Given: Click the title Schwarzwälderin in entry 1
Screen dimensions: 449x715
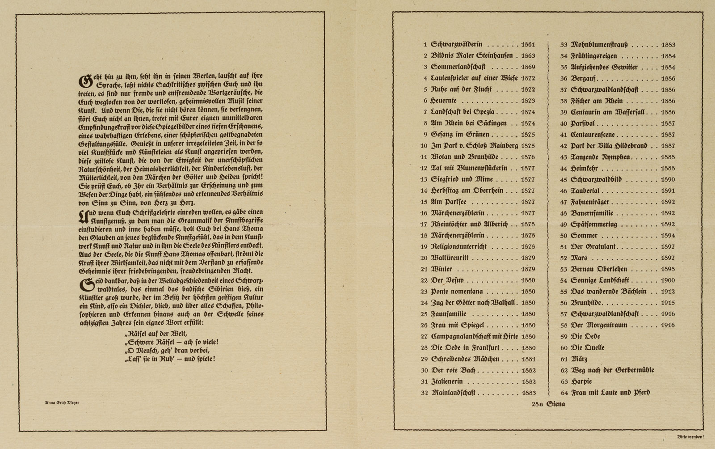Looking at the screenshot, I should point(456,45).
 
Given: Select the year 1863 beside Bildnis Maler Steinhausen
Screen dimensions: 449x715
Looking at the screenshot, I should point(528,56).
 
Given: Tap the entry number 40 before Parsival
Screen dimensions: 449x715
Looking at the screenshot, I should point(563,123).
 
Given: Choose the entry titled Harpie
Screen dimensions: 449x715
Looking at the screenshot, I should point(581,381).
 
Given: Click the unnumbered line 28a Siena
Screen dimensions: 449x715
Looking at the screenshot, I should point(548,404).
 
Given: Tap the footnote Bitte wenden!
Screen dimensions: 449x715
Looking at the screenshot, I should point(691,436).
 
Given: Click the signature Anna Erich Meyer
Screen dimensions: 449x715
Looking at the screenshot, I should point(62,402).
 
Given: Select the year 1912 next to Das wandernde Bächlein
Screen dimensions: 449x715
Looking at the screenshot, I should point(668,292).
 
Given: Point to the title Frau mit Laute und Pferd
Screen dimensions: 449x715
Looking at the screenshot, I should point(610,393).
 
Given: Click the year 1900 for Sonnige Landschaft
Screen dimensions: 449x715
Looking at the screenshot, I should point(668,280).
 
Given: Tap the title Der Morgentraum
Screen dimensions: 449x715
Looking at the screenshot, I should point(599,325).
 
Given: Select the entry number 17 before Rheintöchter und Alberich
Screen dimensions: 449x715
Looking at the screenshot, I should point(424,224).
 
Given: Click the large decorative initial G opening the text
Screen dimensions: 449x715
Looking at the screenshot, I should point(85,81).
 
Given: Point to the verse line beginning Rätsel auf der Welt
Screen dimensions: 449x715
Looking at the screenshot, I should point(156,334).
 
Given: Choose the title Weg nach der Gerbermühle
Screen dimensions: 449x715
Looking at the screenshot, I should point(612,370).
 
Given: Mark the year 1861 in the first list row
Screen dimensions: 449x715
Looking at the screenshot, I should point(528,45).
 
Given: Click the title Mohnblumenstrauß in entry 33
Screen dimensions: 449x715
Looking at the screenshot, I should point(599,45).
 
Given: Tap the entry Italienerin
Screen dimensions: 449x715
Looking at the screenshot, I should point(446,381).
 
